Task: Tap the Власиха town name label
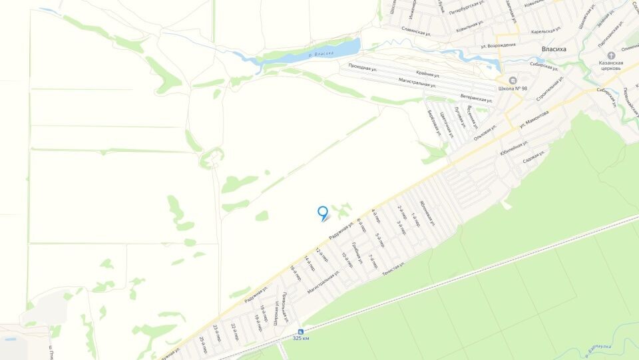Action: [554, 49]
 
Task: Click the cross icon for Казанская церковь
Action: [602, 57]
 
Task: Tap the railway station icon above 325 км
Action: [301, 331]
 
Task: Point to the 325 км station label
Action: [301, 339]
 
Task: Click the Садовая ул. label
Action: [534, 158]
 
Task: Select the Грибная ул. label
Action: [356, 254]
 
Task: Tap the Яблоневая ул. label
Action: [427, 211]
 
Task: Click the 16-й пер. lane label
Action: [296, 273]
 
